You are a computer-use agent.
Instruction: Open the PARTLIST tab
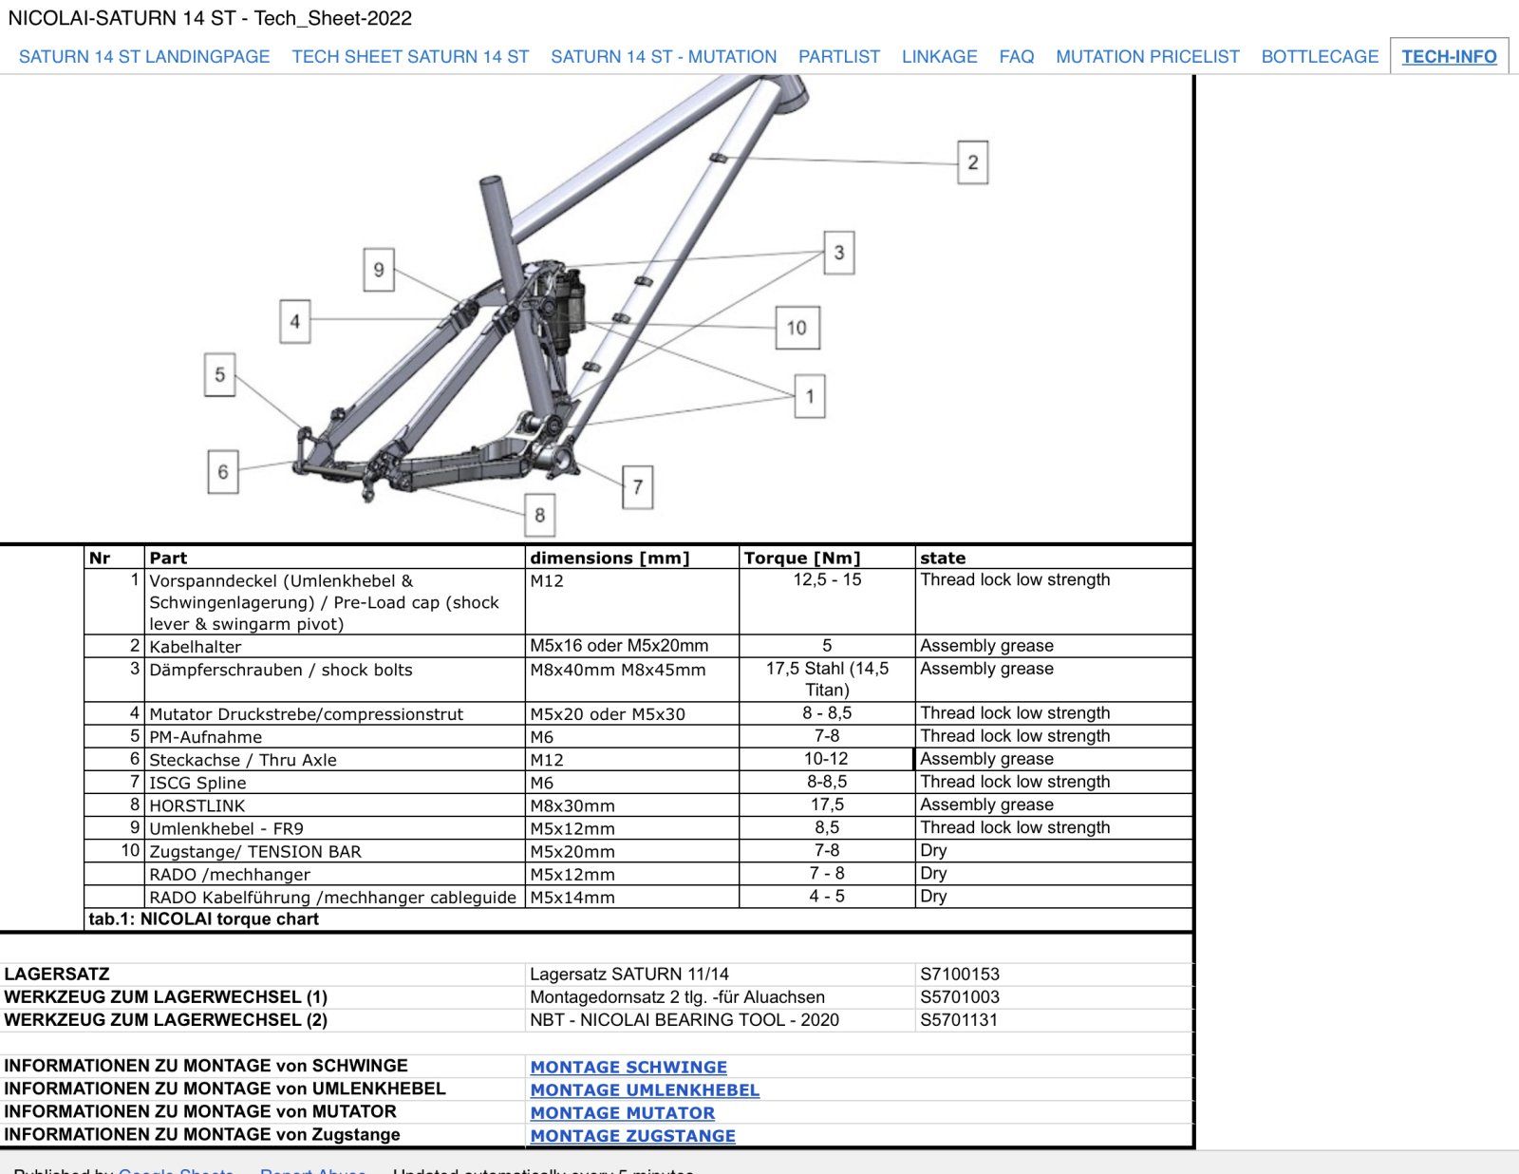tap(838, 56)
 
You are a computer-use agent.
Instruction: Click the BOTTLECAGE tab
tap(1319, 56)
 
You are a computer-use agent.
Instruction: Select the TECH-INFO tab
tap(1449, 56)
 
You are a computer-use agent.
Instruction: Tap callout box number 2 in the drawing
tap(972, 161)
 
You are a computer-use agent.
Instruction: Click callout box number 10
tap(797, 328)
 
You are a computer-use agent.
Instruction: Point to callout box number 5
tap(219, 374)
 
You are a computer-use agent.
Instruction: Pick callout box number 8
tap(539, 515)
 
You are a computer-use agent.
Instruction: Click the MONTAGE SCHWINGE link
tap(628, 1067)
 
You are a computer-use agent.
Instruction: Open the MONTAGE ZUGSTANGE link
tap(632, 1135)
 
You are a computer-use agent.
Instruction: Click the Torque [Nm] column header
tap(802, 558)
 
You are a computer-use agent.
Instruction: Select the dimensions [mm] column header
tap(609, 558)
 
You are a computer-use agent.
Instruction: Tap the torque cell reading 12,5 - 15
tap(827, 579)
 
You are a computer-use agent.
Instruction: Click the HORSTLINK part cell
tap(197, 805)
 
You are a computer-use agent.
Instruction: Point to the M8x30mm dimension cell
tap(572, 805)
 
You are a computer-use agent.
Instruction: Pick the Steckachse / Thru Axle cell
tap(243, 760)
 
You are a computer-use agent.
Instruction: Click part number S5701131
tap(959, 1019)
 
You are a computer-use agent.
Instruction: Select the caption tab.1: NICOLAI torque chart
tap(204, 918)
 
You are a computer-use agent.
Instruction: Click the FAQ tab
tap(1016, 56)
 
